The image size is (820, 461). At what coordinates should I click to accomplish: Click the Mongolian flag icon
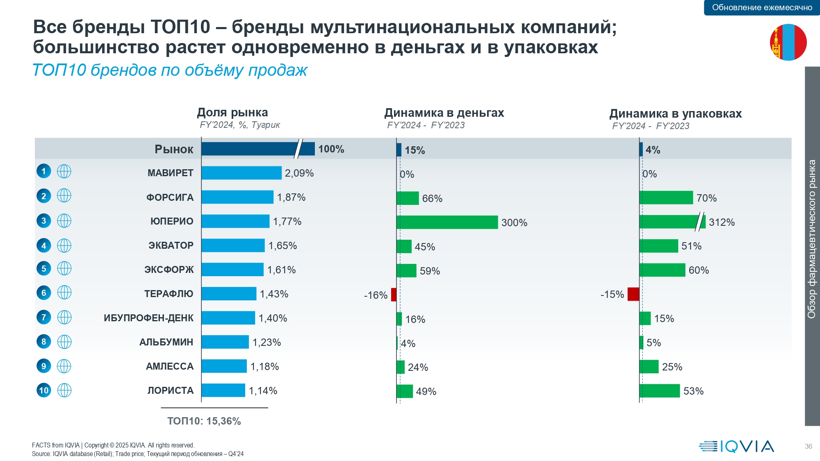point(788,42)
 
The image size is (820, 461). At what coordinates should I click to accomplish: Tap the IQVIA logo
point(736,446)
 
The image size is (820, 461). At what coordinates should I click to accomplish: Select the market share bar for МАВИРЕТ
point(241,173)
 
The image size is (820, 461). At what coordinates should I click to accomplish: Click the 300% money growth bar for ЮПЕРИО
point(447,222)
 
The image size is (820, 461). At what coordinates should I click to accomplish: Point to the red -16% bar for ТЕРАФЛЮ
point(394,295)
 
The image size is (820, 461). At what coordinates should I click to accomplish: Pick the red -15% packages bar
point(633,294)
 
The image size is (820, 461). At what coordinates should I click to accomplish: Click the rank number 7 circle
point(44,317)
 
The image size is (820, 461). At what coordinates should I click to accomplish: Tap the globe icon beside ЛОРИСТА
point(64,390)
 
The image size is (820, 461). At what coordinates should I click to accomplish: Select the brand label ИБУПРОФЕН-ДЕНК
point(148,318)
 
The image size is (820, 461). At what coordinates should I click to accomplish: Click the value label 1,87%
point(291,198)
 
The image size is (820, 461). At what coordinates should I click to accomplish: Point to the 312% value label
point(722,223)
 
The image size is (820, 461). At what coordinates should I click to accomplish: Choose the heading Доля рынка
point(232,112)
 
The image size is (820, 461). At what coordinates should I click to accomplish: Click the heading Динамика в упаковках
point(675,114)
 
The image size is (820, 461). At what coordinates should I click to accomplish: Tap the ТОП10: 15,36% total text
point(204,421)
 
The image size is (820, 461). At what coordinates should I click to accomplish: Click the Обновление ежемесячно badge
point(762,7)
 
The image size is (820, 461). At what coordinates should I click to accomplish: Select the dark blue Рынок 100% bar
point(257,149)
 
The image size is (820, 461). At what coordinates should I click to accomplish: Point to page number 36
point(808,446)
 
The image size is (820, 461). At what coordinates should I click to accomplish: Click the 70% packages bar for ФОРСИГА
point(666,198)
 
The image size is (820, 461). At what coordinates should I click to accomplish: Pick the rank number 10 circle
point(44,390)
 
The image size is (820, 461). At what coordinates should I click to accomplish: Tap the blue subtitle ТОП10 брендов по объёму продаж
point(170,70)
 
